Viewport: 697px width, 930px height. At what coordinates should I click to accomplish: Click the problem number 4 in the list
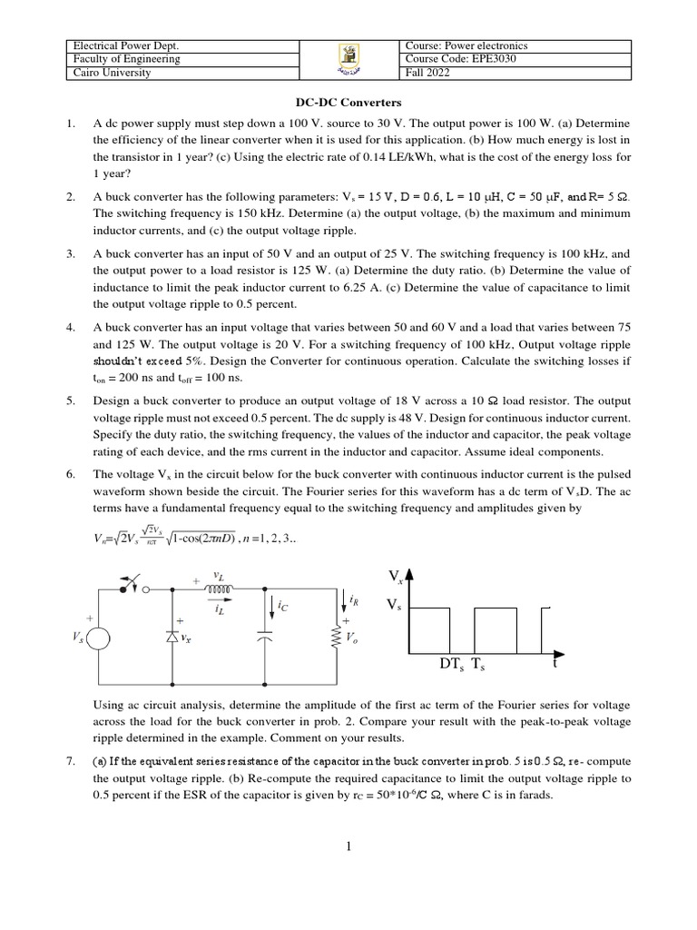pyautogui.click(x=70, y=326)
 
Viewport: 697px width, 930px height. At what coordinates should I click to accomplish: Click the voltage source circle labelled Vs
pyautogui.click(x=98, y=638)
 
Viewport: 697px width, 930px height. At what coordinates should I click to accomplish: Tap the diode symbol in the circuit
pyautogui.click(x=172, y=638)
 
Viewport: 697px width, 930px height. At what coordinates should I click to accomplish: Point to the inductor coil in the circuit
pyautogui.click(x=221, y=588)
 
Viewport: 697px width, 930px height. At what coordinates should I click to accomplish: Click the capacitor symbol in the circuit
pyautogui.click(x=264, y=638)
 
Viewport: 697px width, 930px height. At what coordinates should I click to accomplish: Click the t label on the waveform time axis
pyautogui.click(x=553, y=664)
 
